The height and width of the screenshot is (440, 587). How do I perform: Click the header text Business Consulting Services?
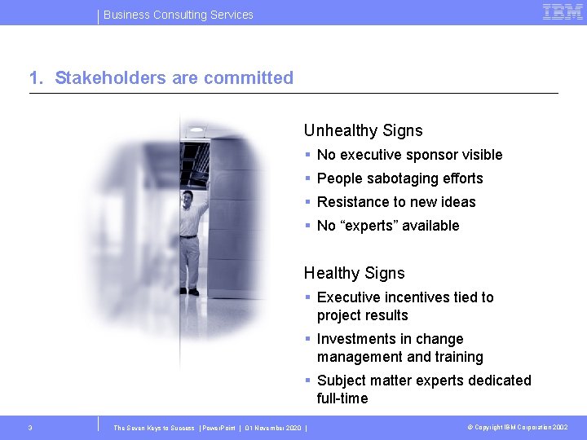click(x=179, y=15)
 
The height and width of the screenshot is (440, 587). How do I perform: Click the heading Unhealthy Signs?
click(x=363, y=130)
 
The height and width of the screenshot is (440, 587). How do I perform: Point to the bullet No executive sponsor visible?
click(x=409, y=155)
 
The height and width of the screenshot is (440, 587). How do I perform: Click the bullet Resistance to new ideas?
click(x=395, y=202)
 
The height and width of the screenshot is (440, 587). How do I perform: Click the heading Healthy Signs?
click(x=354, y=273)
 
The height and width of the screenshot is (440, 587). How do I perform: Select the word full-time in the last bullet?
click(x=342, y=398)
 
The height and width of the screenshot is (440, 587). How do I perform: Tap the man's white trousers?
click(x=188, y=261)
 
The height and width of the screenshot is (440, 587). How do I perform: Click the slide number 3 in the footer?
click(x=30, y=428)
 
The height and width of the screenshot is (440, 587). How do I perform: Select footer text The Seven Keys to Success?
click(x=154, y=428)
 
